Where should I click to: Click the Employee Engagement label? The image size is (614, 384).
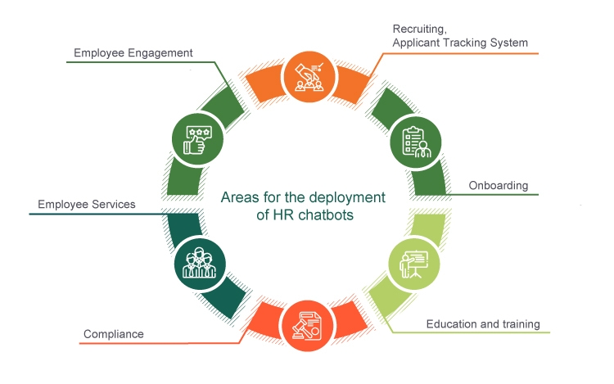[133, 53]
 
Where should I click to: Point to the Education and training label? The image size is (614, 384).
[483, 324]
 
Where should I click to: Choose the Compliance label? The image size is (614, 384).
[113, 334]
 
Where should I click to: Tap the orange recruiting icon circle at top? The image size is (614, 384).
[306, 76]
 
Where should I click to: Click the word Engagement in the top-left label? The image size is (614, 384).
[162, 53]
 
